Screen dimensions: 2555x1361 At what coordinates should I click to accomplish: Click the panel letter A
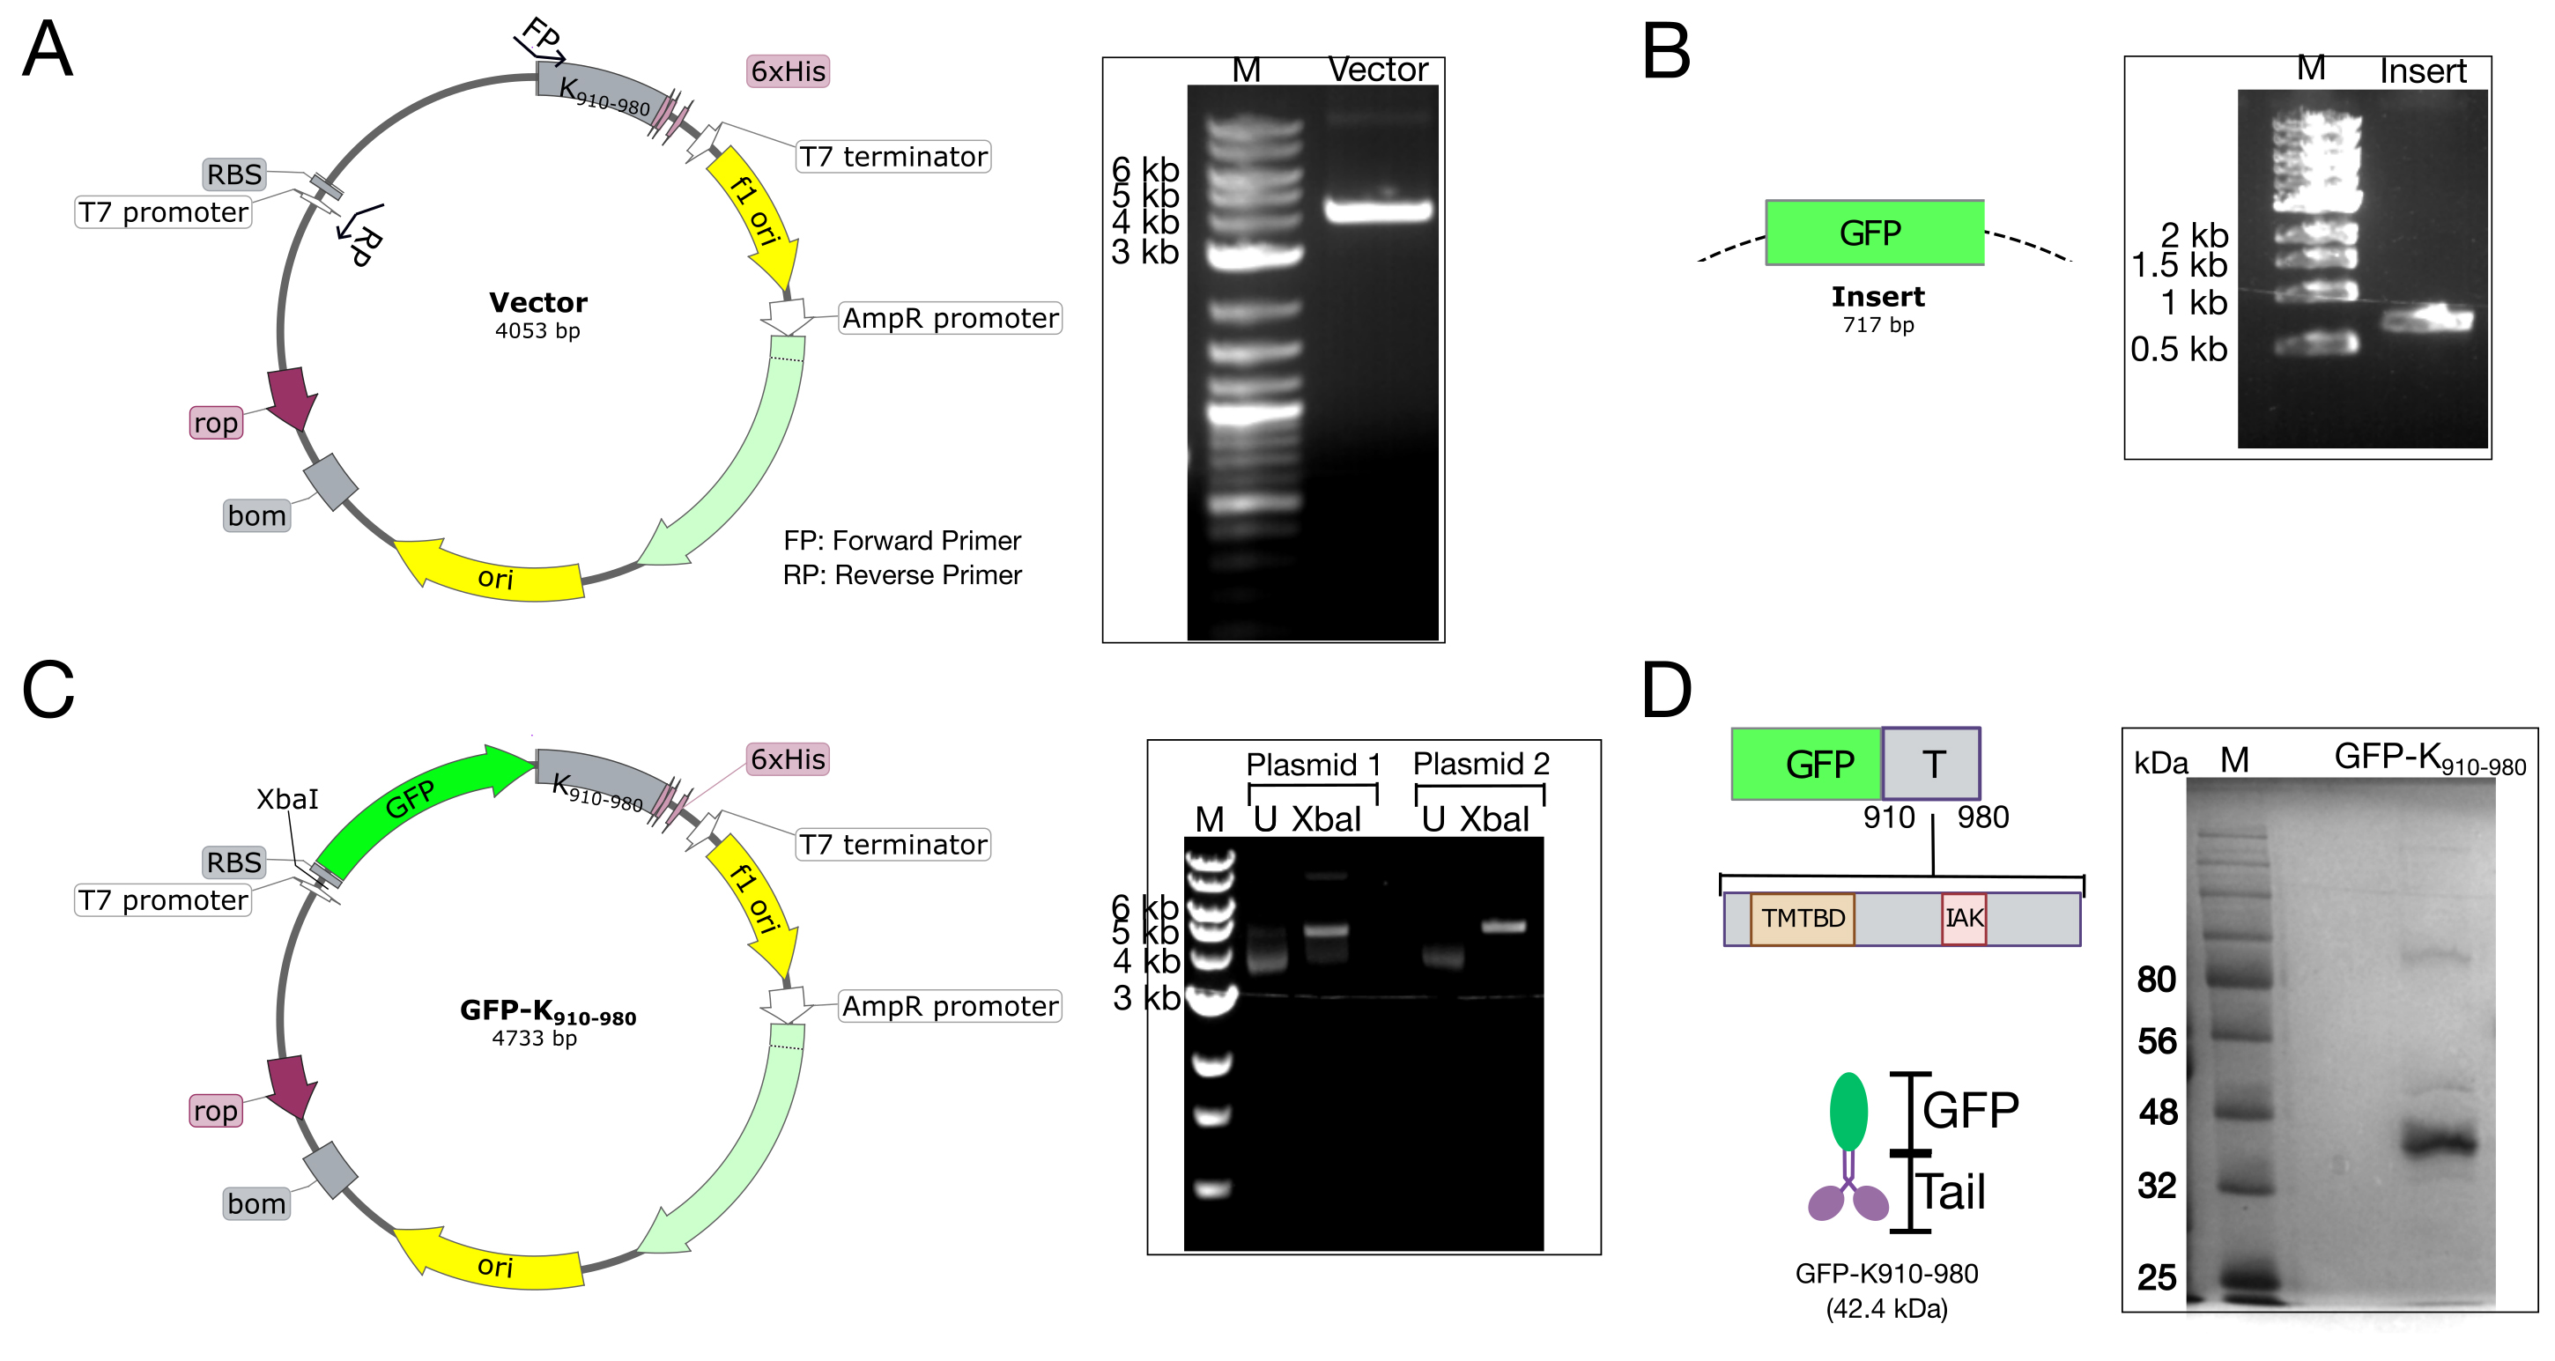[47, 48]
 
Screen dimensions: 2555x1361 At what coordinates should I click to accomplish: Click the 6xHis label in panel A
[788, 71]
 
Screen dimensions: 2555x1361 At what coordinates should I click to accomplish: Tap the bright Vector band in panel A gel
[1379, 211]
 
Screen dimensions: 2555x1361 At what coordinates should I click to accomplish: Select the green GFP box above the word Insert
[1875, 233]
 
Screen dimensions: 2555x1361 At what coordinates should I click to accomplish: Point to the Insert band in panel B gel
[2426, 320]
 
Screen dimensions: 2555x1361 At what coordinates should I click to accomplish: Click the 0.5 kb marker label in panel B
[2179, 349]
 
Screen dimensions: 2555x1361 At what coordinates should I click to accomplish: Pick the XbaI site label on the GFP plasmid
[287, 800]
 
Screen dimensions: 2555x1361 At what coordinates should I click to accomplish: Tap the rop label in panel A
[216, 423]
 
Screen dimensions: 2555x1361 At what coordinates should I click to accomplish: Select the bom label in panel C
[257, 1203]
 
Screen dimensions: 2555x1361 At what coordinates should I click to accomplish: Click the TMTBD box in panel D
[1803, 919]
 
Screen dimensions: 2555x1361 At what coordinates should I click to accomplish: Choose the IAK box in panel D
[1964, 919]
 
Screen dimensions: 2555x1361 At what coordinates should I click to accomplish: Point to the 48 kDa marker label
[2159, 1112]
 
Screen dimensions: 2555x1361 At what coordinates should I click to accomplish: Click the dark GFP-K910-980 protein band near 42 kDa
[2440, 1143]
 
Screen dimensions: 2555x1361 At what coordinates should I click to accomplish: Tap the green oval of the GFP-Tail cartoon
[1848, 1111]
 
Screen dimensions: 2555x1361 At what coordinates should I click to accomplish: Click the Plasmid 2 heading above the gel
[1481, 764]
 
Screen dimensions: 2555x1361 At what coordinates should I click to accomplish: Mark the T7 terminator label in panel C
[893, 845]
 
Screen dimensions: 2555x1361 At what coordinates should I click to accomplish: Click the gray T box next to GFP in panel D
[1931, 764]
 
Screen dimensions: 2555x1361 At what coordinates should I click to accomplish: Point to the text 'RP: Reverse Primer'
[901, 575]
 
